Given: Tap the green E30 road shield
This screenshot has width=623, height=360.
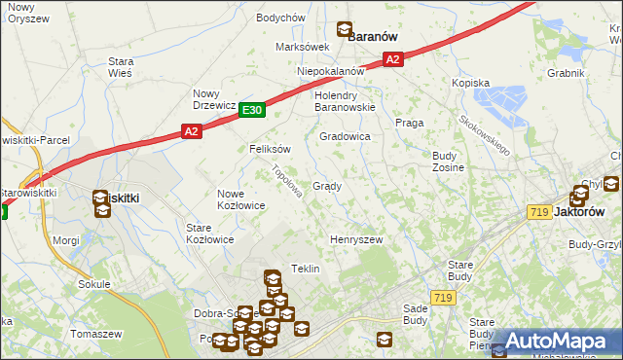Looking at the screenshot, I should pyautogui.click(x=252, y=111).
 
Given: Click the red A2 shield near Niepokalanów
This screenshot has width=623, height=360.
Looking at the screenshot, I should pyautogui.click(x=391, y=60).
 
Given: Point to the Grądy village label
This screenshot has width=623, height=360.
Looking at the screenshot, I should pyautogui.click(x=326, y=186).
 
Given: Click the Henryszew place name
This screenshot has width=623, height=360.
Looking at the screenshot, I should pyautogui.click(x=356, y=239).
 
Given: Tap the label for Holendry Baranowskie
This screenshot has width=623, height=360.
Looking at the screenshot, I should pyautogui.click(x=344, y=102).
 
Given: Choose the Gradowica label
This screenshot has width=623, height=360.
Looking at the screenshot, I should pyautogui.click(x=345, y=137).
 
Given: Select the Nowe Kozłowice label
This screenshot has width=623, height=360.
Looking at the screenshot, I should pyautogui.click(x=241, y=199).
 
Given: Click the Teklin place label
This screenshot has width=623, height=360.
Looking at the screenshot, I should pyautogui.click(x=306, y=269).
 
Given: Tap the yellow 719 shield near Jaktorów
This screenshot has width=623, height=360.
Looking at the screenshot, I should pyautogui.click(x=539, y=212).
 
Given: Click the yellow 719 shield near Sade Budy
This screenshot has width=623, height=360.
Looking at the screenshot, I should pyautogui.click(x=444, y=298).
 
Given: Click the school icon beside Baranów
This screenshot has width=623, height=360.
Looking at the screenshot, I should pyautogui.click(x=344, y=31).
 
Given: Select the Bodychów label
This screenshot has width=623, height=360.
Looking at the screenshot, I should pyautogui.click(x=280, y=18).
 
